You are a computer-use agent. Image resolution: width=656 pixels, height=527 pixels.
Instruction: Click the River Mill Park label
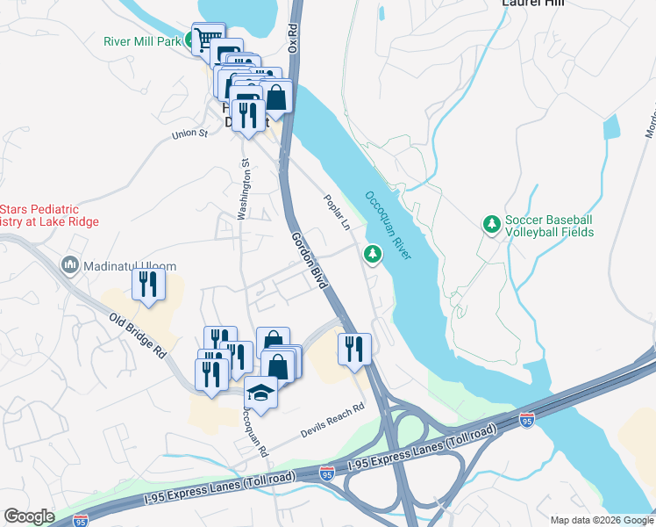(141, 40)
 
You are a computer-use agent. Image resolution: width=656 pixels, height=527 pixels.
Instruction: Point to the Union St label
(189, 134)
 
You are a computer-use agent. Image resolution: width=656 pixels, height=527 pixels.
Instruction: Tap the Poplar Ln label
(337, 213)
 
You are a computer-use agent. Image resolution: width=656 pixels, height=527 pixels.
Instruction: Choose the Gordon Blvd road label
(310, 261)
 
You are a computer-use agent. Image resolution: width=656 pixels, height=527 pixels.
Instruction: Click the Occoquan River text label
(389, 226)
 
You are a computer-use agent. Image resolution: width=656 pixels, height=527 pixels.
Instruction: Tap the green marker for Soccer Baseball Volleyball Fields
(491, 225)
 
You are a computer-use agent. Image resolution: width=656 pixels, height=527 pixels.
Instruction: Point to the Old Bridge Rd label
(138, 335)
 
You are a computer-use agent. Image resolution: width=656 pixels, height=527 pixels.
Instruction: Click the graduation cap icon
(260, 391)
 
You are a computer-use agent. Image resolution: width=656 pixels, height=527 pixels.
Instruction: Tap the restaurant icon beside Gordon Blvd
(354, 347)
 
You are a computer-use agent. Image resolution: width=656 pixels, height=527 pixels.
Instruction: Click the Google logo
(29, 516)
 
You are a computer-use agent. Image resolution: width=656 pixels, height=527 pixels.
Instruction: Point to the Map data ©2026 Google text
(601, 520)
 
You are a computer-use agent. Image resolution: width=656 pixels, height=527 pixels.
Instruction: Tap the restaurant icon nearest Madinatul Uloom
(147, 285)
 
